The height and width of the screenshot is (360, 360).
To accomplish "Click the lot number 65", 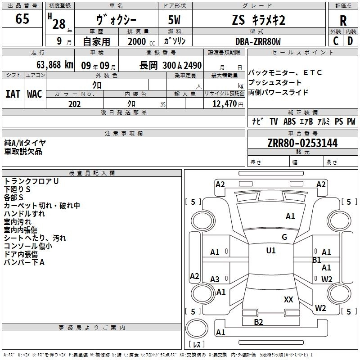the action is (22, 19).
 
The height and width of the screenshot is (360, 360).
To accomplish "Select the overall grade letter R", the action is (343, 21).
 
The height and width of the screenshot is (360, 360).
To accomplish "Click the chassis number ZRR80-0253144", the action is (302, 143).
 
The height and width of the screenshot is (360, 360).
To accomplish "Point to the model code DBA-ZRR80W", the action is (258, 41).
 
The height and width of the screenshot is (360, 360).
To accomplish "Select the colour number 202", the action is (75, 104).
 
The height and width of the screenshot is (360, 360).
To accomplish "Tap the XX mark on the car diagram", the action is (288, 299).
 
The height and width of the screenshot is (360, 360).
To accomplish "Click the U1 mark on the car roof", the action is (271, 250).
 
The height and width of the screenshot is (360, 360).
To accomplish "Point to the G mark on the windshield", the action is (284, 237).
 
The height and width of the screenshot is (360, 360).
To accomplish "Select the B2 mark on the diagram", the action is (258, 322).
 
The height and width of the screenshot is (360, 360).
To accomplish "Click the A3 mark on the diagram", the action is (215, 279).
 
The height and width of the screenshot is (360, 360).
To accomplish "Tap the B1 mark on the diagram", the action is (317, 260).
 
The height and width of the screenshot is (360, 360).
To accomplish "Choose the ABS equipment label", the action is (289, 121).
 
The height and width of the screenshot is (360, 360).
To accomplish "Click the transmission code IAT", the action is (13, 94).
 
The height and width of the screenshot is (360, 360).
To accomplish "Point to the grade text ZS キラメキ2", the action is (259, 20).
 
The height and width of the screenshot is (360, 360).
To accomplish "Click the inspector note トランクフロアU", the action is (31, 181).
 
